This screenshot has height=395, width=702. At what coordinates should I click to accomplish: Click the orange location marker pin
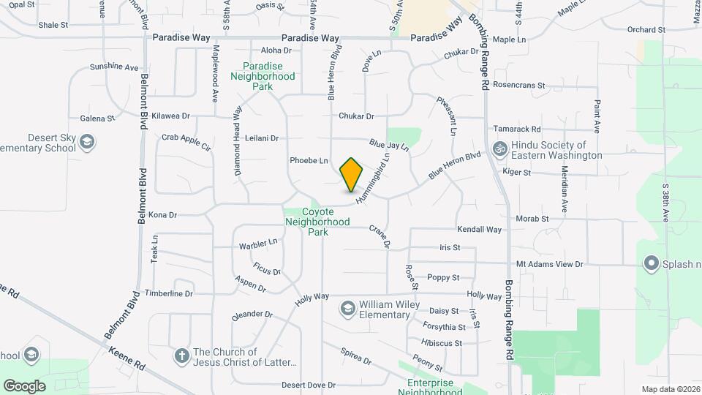(x=352, y=175)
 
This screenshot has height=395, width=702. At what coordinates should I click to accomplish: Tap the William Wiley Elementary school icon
(x=348, y=309)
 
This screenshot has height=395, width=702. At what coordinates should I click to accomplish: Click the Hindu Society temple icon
(x=501, y=150)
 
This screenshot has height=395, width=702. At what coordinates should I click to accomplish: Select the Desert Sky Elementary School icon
(x=86, y=142)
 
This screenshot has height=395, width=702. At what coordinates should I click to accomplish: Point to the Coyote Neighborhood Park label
(x=316, y=222)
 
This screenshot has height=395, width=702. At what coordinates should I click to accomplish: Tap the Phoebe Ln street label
(x=309, y=160)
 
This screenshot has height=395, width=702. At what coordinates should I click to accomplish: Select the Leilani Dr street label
(x=263, y=138)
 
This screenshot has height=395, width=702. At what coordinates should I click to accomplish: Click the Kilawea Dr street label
(x=170, y=116)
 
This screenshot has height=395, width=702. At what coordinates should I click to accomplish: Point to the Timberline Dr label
(x=169, y=293)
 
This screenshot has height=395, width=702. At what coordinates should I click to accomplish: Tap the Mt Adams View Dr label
(x=549, y=264)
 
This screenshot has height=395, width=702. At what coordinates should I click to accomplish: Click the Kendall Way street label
(x=480, y=230)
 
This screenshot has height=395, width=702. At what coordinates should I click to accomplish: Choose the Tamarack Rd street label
(x=517, y=128)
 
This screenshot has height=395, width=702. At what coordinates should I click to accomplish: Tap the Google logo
(x=25, y=385)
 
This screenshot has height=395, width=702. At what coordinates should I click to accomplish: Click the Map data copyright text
(x=670, y=389)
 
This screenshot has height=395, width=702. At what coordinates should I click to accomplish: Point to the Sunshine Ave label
(x=114, y=67)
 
